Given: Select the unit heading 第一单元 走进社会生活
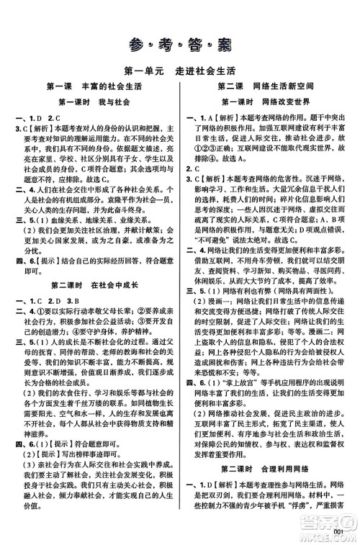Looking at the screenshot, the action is [179, 71].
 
